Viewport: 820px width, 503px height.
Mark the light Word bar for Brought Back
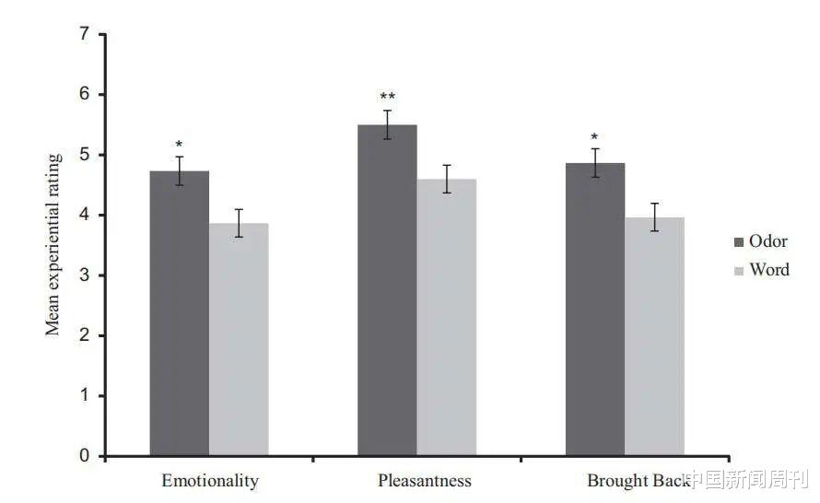654,336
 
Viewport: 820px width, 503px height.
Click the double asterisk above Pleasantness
388,97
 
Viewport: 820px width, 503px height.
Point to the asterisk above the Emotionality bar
180,145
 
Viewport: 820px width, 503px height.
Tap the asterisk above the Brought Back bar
595,137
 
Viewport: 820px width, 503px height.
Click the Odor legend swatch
739,241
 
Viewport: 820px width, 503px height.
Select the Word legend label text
769,270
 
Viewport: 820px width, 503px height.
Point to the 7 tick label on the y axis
86,35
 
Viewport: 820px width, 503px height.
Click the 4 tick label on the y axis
86,216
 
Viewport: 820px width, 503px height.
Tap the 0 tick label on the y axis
86,456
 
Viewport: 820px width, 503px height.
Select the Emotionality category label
210,481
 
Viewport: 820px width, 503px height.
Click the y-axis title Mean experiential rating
54,244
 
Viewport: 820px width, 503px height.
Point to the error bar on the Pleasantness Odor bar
388,124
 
